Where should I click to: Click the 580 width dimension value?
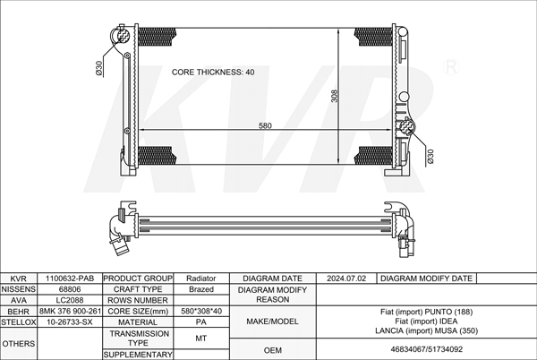click(265, 125)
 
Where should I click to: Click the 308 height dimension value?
click(335, 96)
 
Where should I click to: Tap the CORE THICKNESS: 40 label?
click(213, 72)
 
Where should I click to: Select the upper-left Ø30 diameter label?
click(99, 68)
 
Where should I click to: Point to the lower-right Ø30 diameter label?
click(430, 157)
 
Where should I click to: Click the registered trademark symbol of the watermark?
click(451, 67)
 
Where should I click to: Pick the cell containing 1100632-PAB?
click(70, 279)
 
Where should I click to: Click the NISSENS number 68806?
click(70, 289)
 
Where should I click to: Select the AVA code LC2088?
click(70, 300)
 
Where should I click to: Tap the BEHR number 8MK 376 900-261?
click(70, 311)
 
